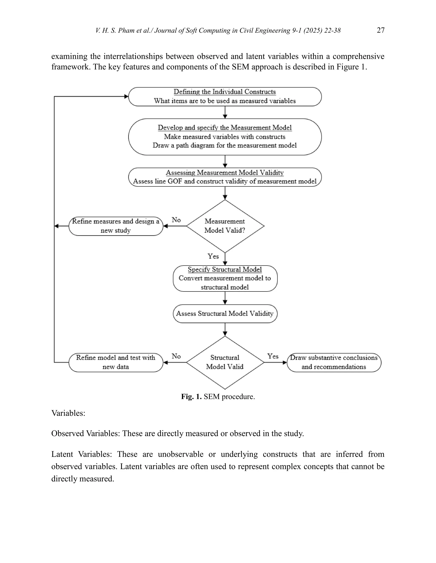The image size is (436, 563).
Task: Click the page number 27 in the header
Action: click(x=380, y=30)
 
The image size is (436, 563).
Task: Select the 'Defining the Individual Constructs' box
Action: click(x=225, y=97)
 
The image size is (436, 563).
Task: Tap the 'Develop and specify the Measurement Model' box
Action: click(x=225, y=137)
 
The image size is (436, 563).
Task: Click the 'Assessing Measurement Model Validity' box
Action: click(x=225, y=177)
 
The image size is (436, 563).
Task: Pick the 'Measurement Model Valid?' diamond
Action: click(x=225, y=226)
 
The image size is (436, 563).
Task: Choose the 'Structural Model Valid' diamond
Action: click(x=225, y=362)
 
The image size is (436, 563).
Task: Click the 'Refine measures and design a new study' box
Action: click(x=116, y=226)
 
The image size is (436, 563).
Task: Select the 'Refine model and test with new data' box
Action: click(x=116, y=362)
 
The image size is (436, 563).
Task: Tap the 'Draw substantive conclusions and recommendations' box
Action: click(x=334, y=362)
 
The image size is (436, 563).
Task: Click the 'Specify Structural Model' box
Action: click(x=225, y=278)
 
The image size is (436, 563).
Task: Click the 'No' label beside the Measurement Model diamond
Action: click(x=176, y=220)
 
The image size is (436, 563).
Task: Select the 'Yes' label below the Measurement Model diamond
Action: click(x=213, y=256)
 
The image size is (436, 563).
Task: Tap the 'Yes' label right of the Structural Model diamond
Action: click(x=273, y=356)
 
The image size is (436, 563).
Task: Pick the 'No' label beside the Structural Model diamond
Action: click(x=176, y=356)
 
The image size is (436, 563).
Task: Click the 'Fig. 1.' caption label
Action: click(x=191, y=396)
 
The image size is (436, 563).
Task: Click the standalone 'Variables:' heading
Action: click(x=68, y=413)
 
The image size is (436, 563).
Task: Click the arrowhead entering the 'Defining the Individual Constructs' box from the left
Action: click(x=126, y=97)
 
